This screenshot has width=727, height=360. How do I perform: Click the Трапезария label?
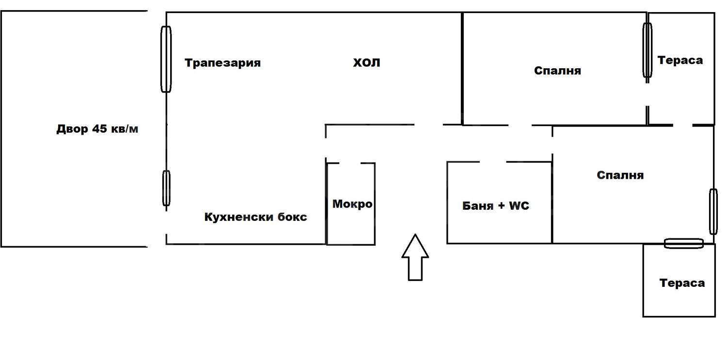(222, 63)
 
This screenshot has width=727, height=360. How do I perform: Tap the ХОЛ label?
(366, 63)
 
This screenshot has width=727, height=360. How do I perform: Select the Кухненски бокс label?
(255, 217)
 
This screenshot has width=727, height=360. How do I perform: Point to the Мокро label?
(352, 204)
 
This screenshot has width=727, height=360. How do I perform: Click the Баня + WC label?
(496, 206)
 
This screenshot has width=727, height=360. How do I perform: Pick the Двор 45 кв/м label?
(97, 129)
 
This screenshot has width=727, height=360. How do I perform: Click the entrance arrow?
(415, 257)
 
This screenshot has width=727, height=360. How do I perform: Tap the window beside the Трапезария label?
(166, 59)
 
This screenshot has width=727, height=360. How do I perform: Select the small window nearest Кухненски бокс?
(166, 188)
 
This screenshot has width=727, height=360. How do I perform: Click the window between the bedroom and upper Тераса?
(647, 50)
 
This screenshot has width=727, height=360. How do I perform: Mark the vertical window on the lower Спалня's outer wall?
(713, 211)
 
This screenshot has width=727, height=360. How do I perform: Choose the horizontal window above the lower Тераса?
(683, 244)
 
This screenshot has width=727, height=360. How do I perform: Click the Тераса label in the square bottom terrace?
(682, 283)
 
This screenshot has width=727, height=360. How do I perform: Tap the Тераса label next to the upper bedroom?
(680, 61)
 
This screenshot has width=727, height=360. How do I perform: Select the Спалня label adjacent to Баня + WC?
(620, 175)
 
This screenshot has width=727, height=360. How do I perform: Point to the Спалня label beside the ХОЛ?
(557, 71)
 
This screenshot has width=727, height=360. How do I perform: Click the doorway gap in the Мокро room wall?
(350, 163)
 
